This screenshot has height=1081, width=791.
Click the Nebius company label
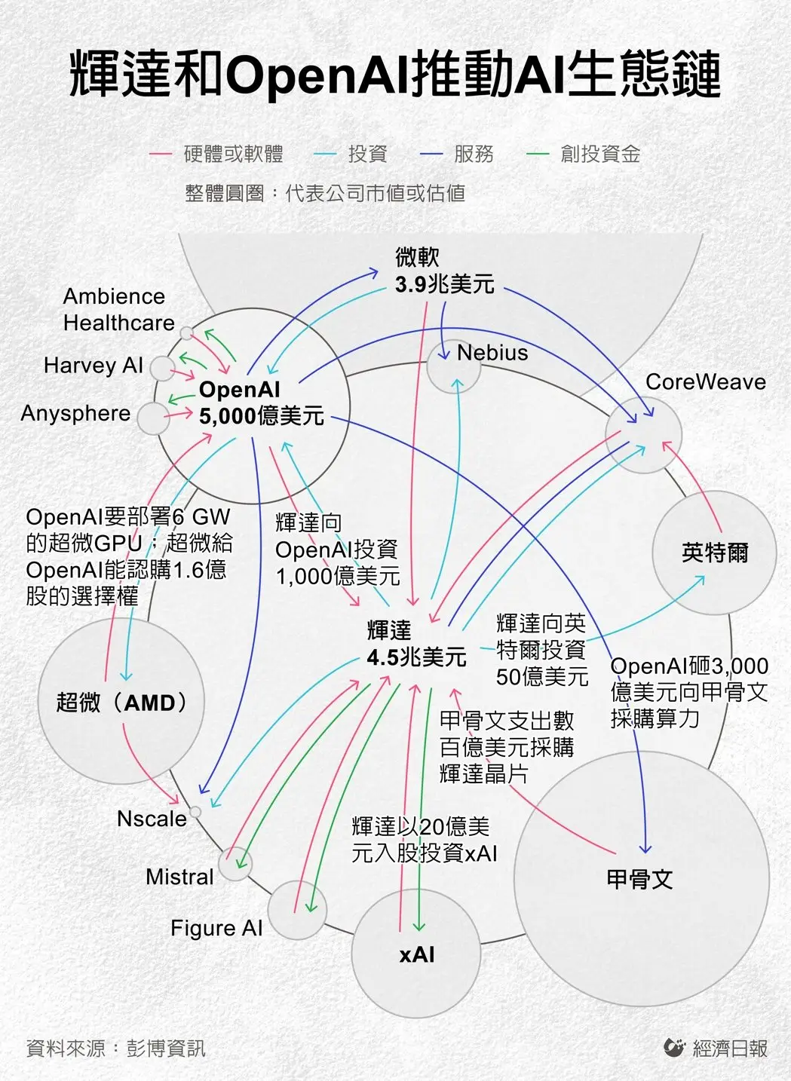click(x=492, y=353)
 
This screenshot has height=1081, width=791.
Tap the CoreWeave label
click(x=705, y=382)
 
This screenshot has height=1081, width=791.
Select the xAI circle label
click(x=417, y=954)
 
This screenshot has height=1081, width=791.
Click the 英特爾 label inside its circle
click(x=714, y=553)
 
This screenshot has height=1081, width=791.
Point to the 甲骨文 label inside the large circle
click(x=639, y=879)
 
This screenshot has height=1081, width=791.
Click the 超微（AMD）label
click(x=121, y=703)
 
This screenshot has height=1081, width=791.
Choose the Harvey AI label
click(x=93, y=366)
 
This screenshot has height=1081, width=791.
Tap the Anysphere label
click(x=75, y=413)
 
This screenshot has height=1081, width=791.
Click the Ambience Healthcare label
click(x=118, y=310)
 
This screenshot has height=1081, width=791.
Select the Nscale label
click(x=152, y=819)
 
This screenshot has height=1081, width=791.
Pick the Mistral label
click(x=179, y=877)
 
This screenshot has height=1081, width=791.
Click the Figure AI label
click(x=216, y=928)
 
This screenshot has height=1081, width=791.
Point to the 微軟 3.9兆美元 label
click(x=444, y=271)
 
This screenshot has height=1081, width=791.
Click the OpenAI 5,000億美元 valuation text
click(x=261, y=403)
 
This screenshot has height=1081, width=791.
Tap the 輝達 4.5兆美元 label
click(x=416, y=644)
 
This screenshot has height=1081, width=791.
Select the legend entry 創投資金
click(x=599, y=155)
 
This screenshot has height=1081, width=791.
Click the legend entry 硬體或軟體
click(x=233, y=155)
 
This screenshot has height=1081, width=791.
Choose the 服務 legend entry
click(x=473, y=155)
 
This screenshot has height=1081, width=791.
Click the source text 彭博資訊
click(x=166, y=1049)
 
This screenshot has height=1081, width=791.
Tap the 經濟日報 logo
click(x=716, y=1048)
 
